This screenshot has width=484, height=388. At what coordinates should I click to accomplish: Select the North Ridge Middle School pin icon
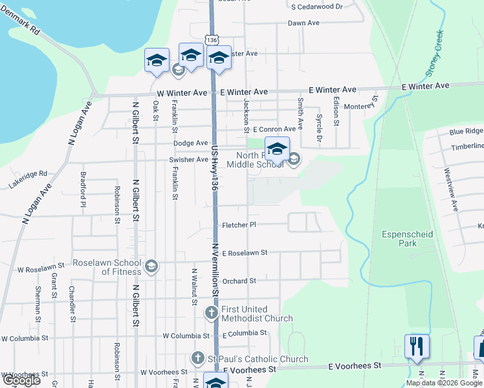pyautogui.click(x=277, y=150)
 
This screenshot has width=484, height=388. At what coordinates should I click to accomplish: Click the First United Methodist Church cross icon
pyautogui.click(x=211, y=314)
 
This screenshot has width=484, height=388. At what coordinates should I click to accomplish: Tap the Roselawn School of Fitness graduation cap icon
pyautogui.click(x=151, y=266)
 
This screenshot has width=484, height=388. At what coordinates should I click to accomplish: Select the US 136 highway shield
pyautogui.click(x=211, y=40)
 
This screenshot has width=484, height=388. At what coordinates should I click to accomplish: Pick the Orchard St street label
pyautogui.click(x=239, y=281)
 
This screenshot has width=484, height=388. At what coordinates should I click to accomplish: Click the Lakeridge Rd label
pyautogui.click(x=28, y=174)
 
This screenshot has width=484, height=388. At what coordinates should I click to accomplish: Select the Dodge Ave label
pyautogui.click(x=190, y=143)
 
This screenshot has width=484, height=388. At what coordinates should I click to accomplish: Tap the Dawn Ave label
pyautogui.click(x=303, y=23)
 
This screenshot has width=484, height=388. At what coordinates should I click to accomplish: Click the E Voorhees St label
pyautogui.click(x=249, y=369)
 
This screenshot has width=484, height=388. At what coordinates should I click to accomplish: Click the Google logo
pyautogui.click(x=21, y=380)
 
